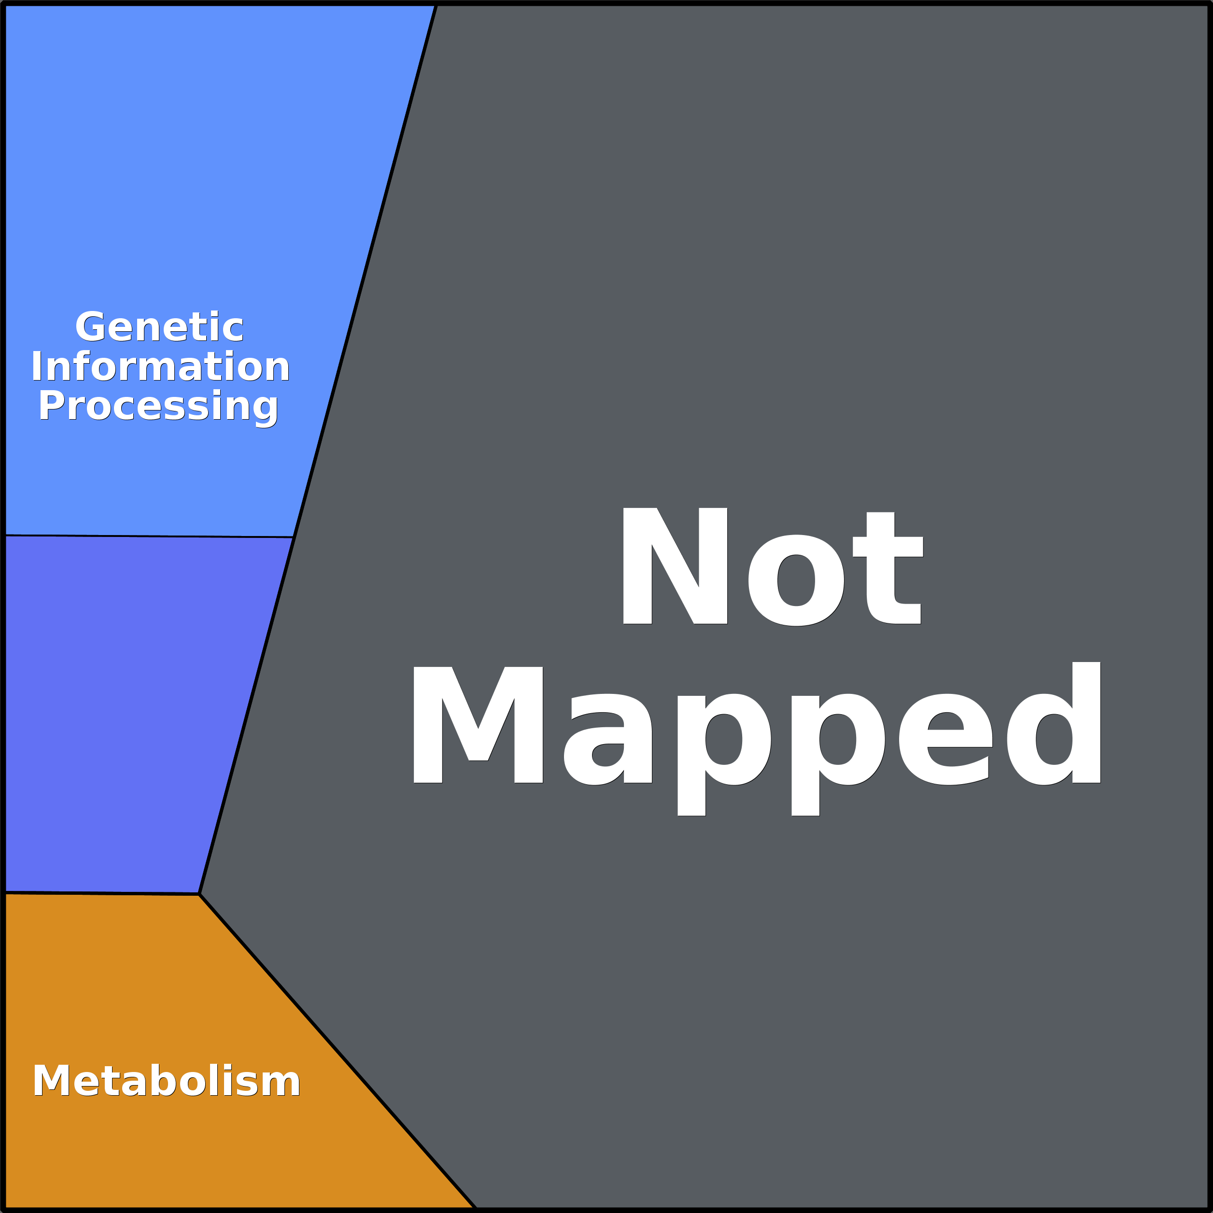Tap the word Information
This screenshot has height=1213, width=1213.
tap(161, 367)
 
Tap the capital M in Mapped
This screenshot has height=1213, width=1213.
tap(477, 725)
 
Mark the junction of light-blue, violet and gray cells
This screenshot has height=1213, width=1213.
tap(293, 537)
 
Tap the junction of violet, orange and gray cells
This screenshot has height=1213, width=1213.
tap(199, 893)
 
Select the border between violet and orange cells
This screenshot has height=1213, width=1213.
tap(100, 892)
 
